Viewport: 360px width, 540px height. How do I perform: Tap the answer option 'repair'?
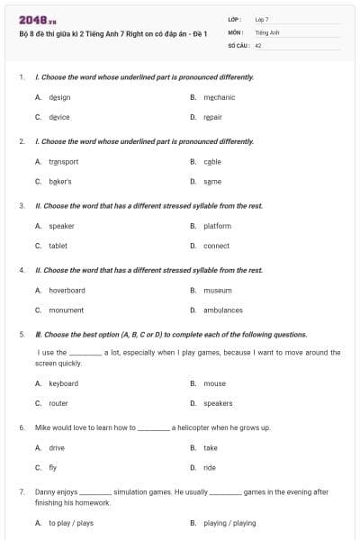pos(212,117)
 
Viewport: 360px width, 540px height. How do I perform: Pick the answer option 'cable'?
pos(212,162)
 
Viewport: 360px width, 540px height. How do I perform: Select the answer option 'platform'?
pos(217,226)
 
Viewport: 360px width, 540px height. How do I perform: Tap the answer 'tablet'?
pos(58,246)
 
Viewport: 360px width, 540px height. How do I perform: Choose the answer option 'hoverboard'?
pos(67,291)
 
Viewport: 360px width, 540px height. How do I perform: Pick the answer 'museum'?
pos(217,291)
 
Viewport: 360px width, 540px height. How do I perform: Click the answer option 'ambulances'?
pos(222,310)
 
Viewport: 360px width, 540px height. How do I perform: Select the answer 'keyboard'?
pos(63,383)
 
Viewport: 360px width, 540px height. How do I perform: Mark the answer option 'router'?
pos(58,403)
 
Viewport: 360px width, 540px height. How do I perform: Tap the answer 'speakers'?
pos(218,403)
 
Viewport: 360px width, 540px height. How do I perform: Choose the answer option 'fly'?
pos(53,468)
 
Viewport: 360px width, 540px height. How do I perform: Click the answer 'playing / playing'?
pos(229,523)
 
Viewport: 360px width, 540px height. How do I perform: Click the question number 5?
pos(22,334)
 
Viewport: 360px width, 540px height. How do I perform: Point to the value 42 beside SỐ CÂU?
pos(258,44)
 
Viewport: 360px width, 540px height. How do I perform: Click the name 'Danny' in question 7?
pos(44,492)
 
